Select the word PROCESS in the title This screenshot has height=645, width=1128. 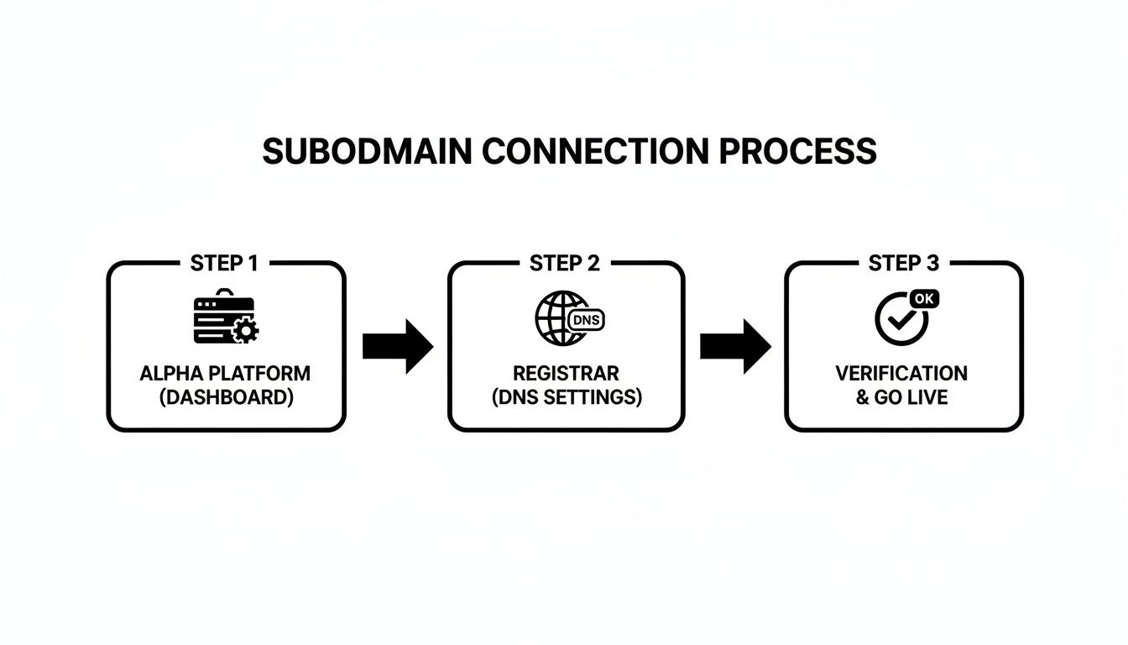[x=798, y=152]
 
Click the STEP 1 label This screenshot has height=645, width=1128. [x=224, y=263]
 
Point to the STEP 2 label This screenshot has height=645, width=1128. [x=565, y=263]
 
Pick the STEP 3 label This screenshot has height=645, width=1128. [x=904, y=263]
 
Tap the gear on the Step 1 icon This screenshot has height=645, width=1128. [x=245, y=331]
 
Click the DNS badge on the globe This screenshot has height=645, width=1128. [x=586, y=320]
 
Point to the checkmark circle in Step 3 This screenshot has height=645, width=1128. [x=899, y=320]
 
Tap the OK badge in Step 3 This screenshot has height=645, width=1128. [x=924, y=298]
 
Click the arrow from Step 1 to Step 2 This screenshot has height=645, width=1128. [x=397, y=345]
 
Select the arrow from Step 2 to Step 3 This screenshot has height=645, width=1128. [x=735, y=345]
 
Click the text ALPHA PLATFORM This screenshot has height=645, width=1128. [x=225, y=373]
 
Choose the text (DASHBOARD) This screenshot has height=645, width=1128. [x=226, y=397]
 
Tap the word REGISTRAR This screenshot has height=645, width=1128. [x=566, y=373]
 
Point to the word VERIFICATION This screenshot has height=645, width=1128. [x=901, y=373]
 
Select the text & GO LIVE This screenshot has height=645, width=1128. [x=901, y=397]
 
